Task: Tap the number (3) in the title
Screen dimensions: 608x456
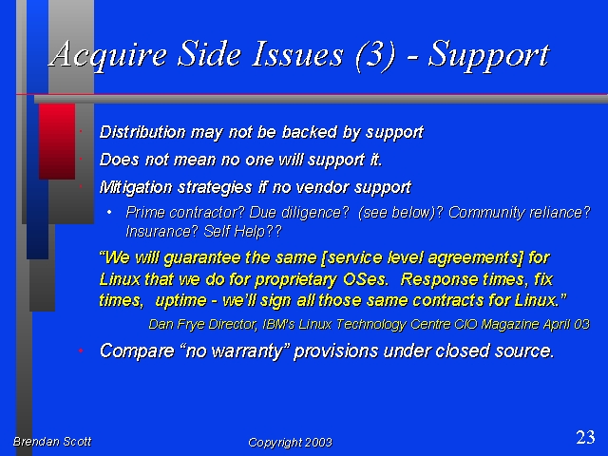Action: tap(375, 56)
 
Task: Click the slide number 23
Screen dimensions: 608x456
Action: tap(585, 437)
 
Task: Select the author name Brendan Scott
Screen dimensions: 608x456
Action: tap(52, 441)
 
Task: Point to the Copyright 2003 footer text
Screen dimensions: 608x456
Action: tap(290, 443)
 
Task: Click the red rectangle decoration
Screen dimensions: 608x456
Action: tap(57, 142)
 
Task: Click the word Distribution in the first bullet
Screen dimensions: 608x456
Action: tap(142, 132)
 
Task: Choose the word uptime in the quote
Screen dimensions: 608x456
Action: tap(180, 301)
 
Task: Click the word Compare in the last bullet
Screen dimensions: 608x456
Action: tap(137, 351)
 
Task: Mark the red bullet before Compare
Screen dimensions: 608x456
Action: tap(81, 351)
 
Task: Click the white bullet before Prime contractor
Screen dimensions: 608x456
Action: tap(109, 212)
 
